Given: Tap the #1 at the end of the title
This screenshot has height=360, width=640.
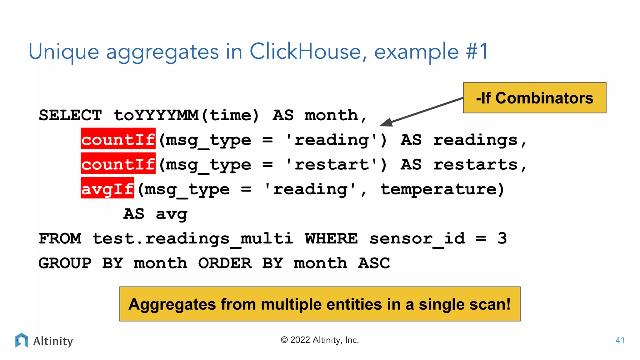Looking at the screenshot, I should coord(477,52).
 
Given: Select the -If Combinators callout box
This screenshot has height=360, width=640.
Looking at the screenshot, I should coord(534,98).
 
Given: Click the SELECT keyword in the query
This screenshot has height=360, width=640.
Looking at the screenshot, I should coord(70,115).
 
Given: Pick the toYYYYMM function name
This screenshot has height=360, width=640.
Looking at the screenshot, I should coord(156,115).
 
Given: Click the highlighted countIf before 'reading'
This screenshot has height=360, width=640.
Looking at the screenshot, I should coord(118,140).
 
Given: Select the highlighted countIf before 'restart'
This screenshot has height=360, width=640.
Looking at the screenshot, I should coord(118,165).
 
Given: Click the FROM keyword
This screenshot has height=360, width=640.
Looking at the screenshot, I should coord(60,239).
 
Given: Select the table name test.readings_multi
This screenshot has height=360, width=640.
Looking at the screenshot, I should coord(193,239).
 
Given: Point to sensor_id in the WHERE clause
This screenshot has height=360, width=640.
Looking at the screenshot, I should coord(417,239).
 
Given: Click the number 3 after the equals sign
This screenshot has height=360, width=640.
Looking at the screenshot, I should coord(502,239).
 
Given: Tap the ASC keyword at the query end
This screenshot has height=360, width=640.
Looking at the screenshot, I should coord(374,263).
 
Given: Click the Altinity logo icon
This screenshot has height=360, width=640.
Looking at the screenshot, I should coord(22,340).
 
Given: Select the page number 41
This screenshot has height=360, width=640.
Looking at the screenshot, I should coord(620,340).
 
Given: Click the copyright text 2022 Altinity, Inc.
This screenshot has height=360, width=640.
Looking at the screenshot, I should coord(320,340).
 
